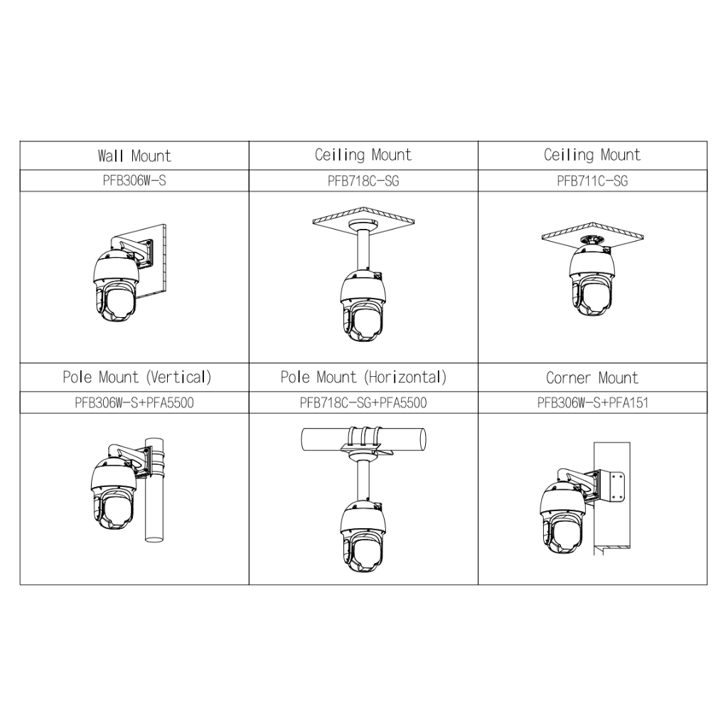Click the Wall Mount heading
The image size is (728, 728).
tap(134, 156)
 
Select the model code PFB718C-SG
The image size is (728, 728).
tap(363, 181)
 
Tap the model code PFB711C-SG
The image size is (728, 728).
tap(592, 181)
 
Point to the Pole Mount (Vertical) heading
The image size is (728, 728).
tap(137, 377)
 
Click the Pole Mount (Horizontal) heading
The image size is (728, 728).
tap(363, 377)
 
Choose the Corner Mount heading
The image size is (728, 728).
tap(592, 378)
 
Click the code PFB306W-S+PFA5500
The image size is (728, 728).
tap(134, 402)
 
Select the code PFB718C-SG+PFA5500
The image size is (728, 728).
tap(363, 402)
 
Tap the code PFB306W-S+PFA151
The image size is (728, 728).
tap(592, 402)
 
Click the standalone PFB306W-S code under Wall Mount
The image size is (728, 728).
tap(134, 181)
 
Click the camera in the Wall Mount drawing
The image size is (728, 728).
tap(116, 286)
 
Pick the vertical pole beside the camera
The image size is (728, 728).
tap(154, 490)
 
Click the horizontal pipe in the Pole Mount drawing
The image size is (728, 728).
tap(363, 439)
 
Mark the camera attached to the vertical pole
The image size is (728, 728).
tap(114, 493)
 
